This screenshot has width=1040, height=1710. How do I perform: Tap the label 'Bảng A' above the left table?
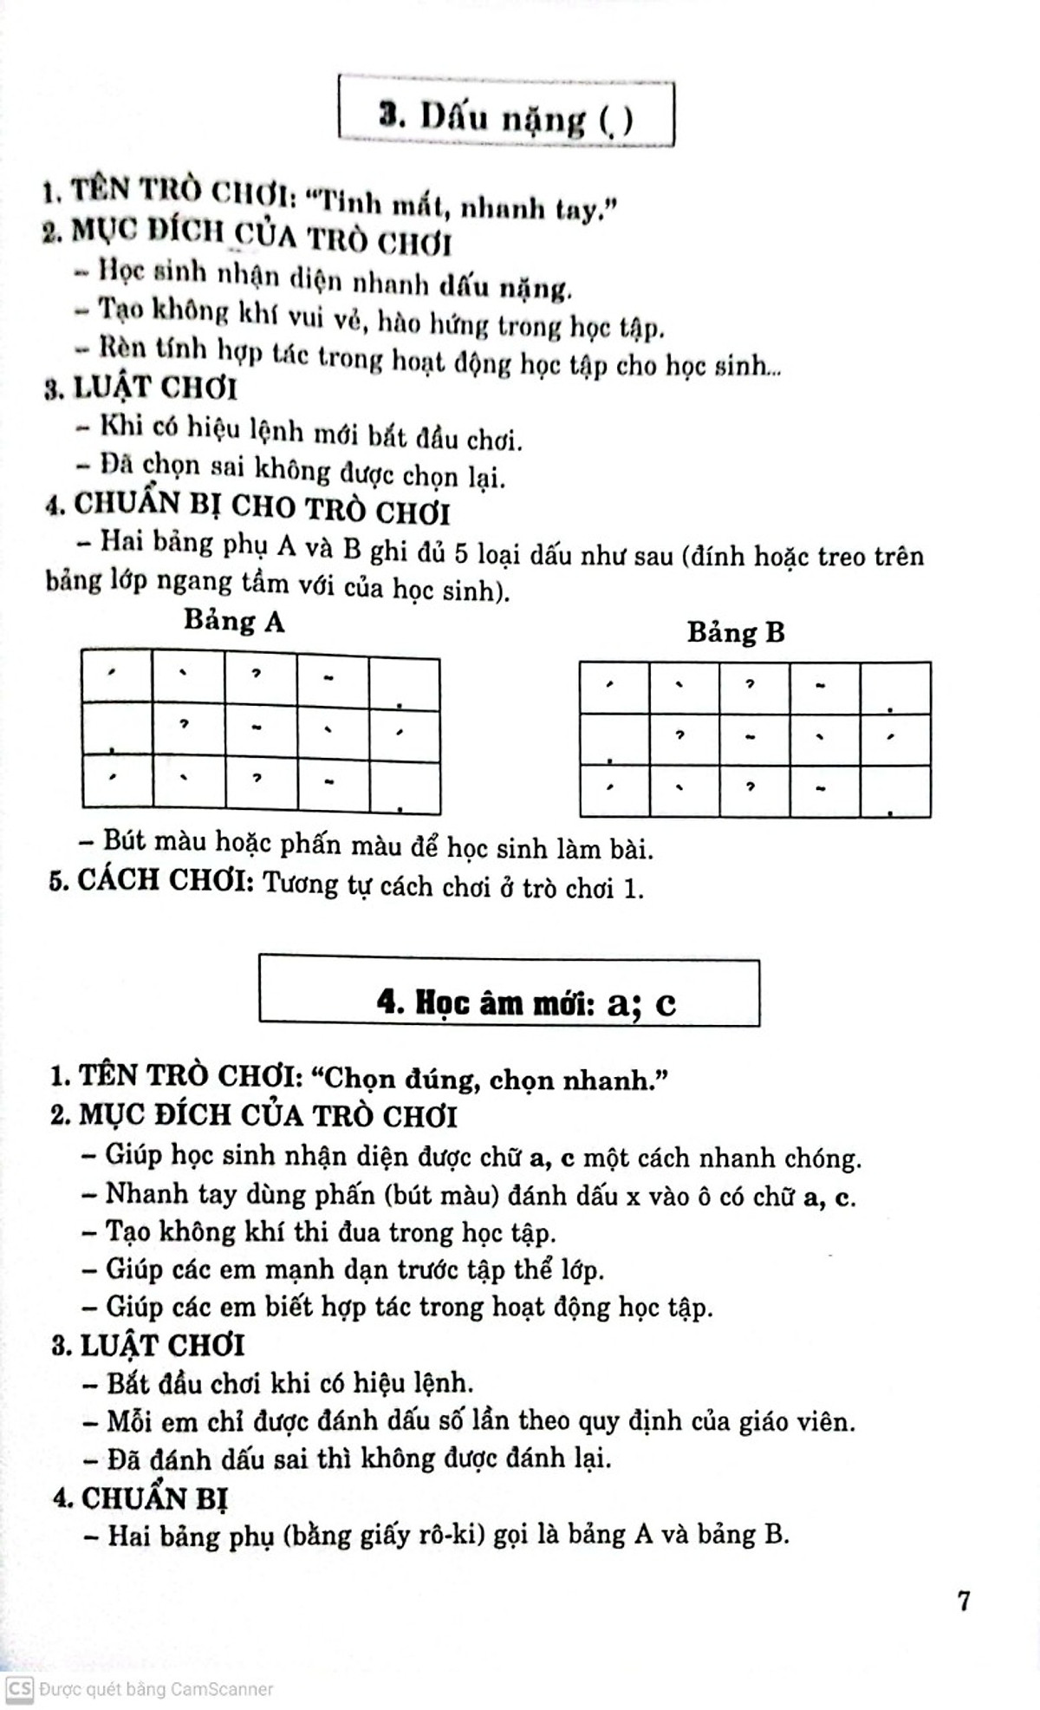[x=233, y=622]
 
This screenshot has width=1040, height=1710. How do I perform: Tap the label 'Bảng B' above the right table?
[x=736, y=632]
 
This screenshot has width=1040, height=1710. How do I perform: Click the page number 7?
[x=964, y=1601]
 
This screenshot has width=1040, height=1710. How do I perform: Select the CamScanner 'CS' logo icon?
[x=20, y=1688]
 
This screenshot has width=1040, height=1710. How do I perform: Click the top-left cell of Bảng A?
[x=117, y=676]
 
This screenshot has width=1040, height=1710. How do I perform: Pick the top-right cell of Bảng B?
[x=895, y=689]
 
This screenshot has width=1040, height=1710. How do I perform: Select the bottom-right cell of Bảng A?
[x=405, y=787]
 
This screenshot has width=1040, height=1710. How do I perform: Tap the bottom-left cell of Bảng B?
[x=614, y=791]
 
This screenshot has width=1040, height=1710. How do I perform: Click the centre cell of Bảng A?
[x=261, y=730]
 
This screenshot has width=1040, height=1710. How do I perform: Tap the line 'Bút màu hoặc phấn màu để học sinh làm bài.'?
[x=378, y=845]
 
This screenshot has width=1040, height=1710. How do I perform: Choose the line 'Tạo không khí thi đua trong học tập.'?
[x=330, y=1232]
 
